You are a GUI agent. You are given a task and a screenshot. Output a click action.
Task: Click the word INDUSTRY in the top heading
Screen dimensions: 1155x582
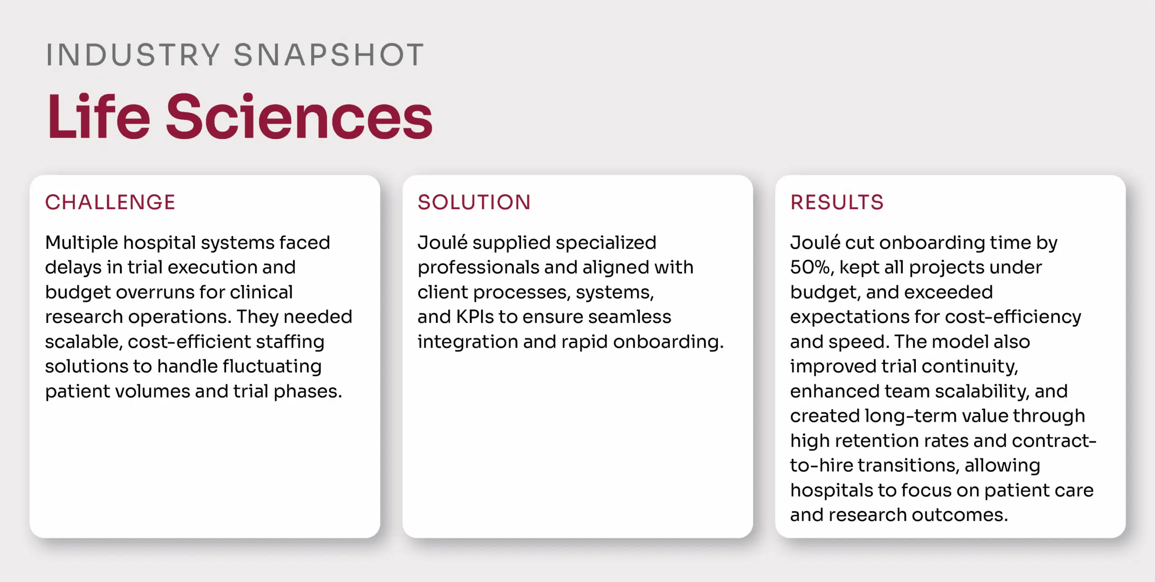[x=133, y=55]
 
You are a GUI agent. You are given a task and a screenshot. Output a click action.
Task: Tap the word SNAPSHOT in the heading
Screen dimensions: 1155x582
[x=329, y=55]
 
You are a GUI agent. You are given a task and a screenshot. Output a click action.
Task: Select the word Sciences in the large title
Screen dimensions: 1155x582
[x=300, y=116]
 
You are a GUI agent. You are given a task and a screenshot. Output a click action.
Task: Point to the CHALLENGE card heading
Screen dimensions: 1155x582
[x=110, y=202]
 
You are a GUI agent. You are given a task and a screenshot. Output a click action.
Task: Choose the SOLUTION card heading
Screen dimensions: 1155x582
[x=474, y=202]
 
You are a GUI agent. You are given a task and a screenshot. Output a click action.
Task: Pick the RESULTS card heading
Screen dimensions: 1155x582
[x=837, y=202]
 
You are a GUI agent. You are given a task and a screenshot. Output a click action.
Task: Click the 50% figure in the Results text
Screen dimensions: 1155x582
[x=810, y=268]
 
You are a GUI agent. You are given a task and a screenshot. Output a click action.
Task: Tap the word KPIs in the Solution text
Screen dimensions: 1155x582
[x=475, y=317]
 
